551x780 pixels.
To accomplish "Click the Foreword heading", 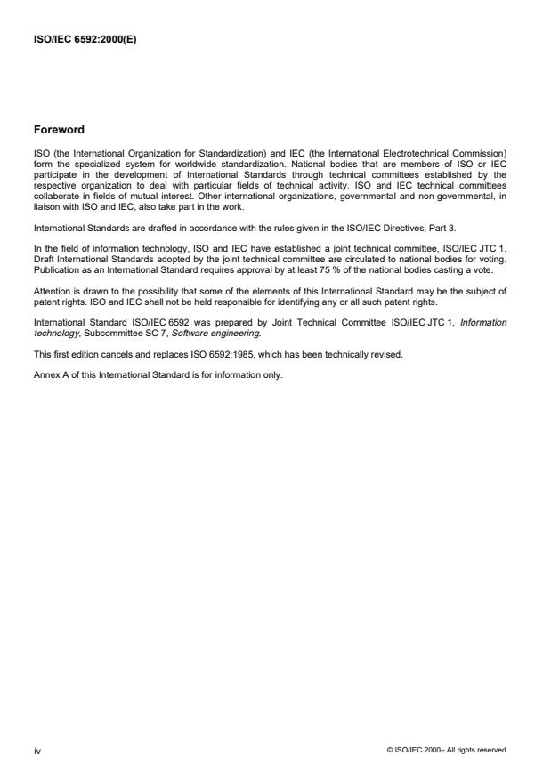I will [x=59, y=129].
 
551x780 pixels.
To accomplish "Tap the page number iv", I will [x=37, y=750].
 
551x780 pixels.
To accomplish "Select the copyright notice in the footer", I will [x=446, y=750].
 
